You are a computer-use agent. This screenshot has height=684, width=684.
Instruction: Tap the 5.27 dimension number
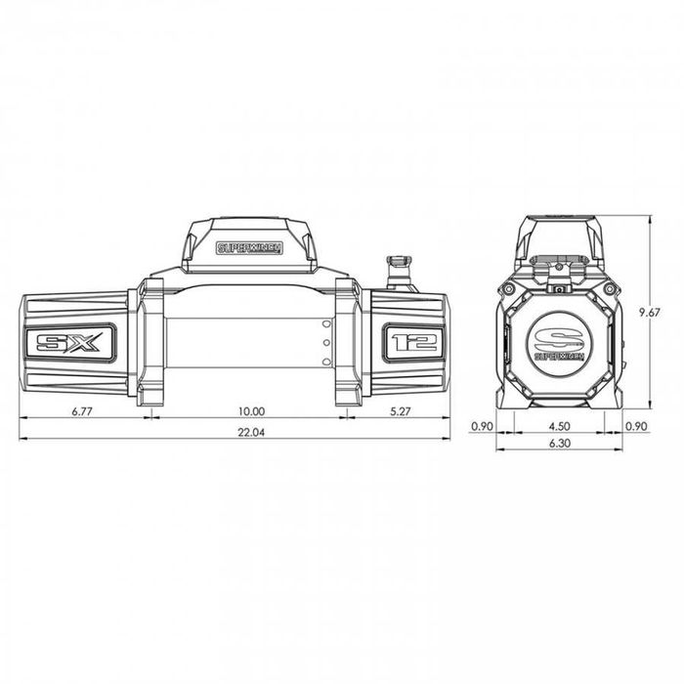click(x=399, y=411)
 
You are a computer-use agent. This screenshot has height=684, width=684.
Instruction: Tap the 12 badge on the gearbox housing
click(x=411, y=343)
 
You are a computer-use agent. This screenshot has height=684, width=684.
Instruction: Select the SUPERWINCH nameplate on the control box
click(x=249, y=248)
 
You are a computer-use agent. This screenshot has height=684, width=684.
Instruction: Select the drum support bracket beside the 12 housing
click(x=349, y=341)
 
